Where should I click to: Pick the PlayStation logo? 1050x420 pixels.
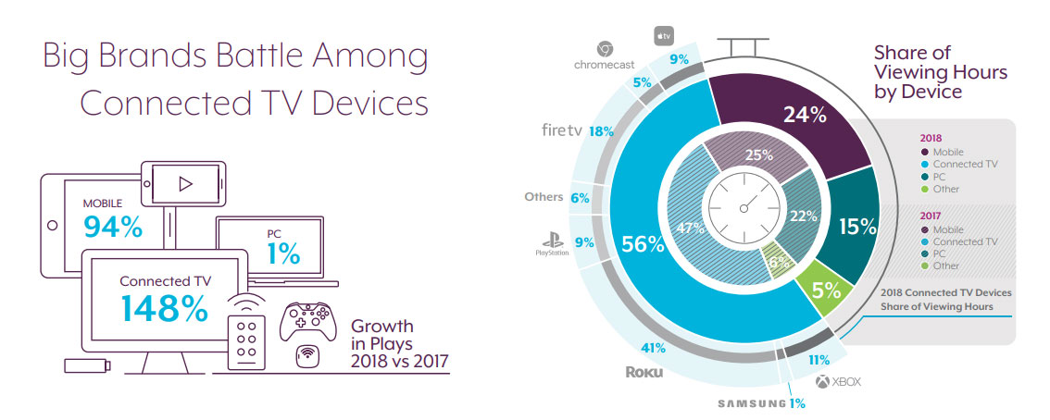552,245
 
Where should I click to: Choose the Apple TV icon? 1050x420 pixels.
663,36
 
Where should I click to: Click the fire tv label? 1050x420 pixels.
565,130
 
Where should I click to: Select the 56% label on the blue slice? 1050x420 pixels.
644,245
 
